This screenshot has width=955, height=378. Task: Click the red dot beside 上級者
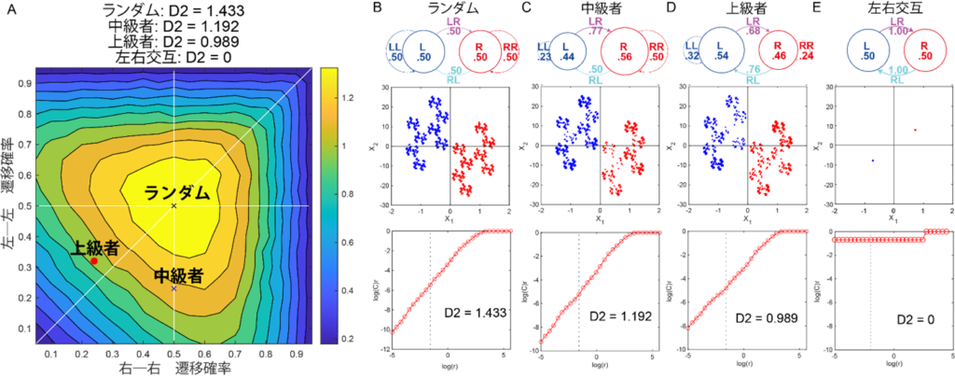pos(94,261)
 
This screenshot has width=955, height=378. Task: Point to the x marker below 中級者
pos(173,288)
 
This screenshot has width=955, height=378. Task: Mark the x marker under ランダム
pos(173,205)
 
